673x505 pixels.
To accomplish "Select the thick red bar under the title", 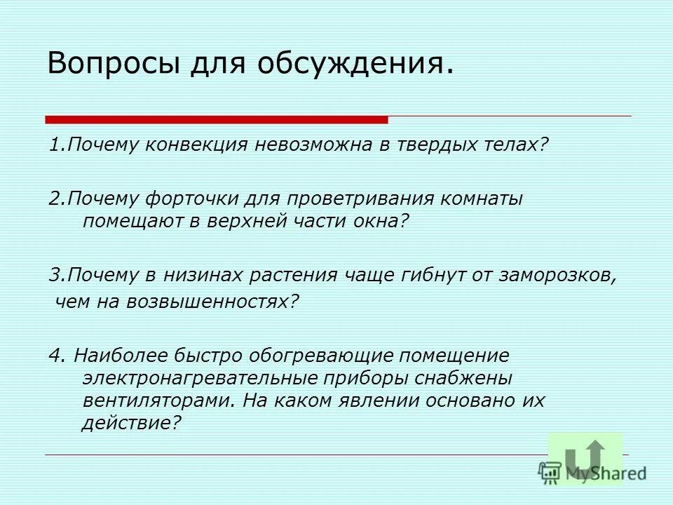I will coord(217,119).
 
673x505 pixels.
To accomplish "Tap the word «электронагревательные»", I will coord(199,378).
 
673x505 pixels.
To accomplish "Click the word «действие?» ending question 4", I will coord(131,423).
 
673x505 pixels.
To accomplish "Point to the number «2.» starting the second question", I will coord(57,198).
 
